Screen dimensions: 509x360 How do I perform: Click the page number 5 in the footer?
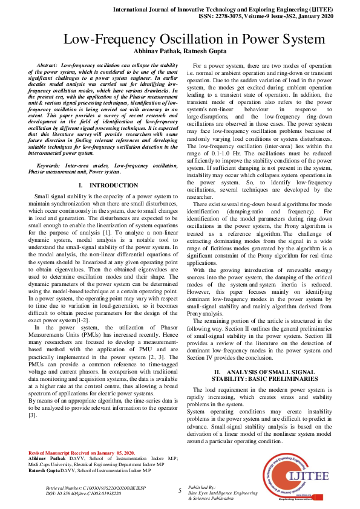pyautogui.click(x=180, y=490)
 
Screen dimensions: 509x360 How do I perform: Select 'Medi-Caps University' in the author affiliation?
pyautogui.click(x=52, y=465)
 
